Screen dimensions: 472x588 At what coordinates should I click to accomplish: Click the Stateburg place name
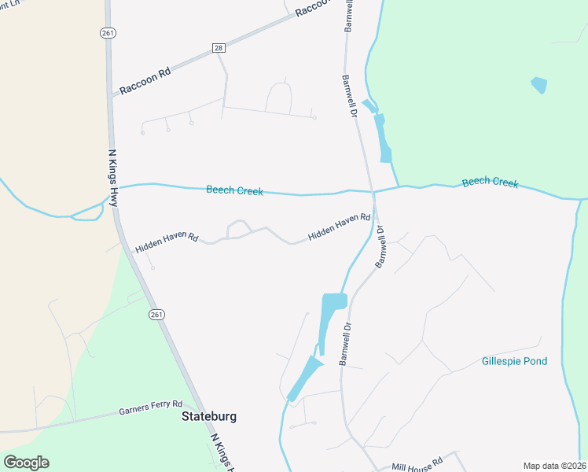point(209,416)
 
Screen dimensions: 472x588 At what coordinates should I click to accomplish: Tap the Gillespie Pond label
point(514,362)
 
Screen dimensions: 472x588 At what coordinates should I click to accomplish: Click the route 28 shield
point(219,48)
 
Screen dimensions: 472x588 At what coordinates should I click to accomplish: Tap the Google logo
point(26,463)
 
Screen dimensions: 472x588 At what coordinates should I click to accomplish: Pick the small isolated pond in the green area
point(539,85)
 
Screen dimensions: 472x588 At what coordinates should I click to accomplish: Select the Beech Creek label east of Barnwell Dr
point(490,183)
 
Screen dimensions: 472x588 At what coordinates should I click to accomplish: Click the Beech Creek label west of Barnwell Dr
point(234,190)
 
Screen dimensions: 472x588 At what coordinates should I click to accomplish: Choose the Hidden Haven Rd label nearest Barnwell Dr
point(339,227)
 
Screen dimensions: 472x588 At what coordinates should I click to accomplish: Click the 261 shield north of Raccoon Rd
point(108,32)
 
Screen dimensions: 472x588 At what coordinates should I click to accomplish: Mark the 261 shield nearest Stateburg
point(156,315)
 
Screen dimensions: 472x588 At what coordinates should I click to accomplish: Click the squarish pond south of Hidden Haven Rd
point(334,302)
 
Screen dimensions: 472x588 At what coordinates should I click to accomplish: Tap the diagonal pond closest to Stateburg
point(303,378)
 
